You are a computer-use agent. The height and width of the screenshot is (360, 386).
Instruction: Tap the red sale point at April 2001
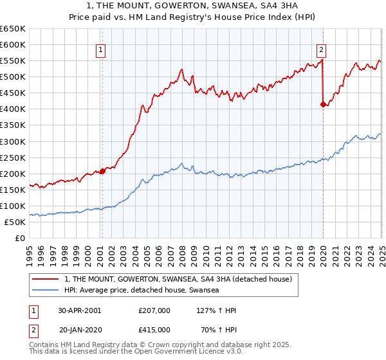(x=102, y=171)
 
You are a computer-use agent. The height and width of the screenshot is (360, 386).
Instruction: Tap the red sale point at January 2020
(x=322, y=104)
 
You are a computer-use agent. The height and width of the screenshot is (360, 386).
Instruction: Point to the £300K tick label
(x=13, y=141)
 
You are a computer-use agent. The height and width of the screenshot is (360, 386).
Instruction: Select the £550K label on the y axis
(x=13, y=60)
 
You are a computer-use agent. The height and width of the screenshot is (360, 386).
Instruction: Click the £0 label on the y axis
(x=19, y=238)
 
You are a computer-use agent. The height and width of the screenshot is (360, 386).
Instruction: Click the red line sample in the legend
(x=46, y=279)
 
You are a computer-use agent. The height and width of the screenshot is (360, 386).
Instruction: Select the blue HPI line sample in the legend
(x=46, y=291)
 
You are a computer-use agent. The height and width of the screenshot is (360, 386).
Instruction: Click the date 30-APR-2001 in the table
(x=79, y=310)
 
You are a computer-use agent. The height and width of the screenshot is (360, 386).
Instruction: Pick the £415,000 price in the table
(x=154, y=329)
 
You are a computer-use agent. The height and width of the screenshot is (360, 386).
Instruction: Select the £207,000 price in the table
(x=154, y=310)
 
